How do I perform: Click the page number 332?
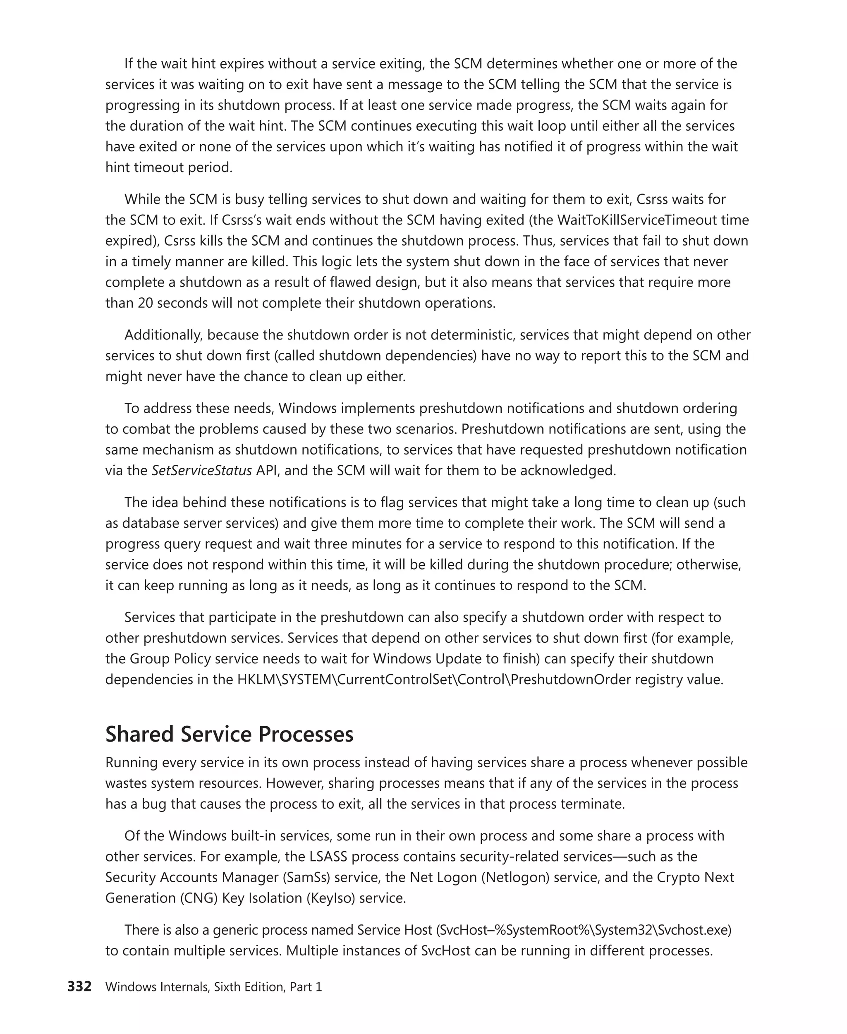pos(79,987)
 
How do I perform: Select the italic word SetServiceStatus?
pos(201,470)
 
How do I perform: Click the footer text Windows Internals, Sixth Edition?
pos(195,987)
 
